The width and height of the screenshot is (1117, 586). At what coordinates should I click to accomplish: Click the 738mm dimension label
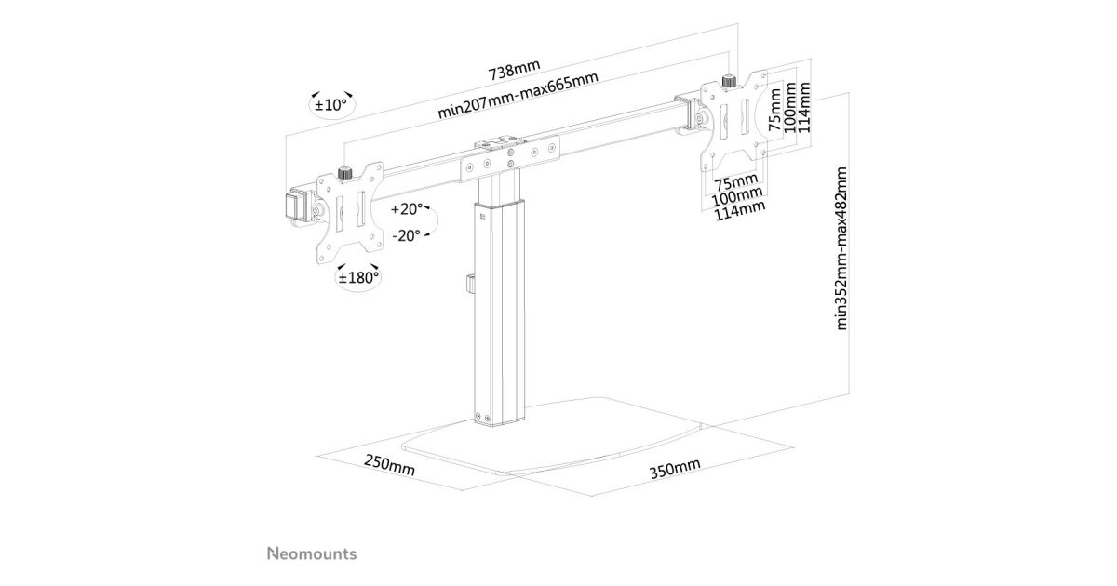[x=514, y=70]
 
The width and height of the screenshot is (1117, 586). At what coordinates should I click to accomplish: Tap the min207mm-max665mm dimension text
[x=518, y=95]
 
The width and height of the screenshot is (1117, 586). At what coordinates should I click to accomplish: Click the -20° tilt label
[x=406, y=235]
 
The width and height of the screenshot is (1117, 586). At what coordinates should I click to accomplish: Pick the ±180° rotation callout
[x=358, y=277]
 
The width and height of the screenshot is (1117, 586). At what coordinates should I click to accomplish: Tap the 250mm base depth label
[x=389, y=465]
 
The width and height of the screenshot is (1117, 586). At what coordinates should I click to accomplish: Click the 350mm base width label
[x=675, y=469]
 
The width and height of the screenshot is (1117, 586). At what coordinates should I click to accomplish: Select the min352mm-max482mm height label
[x=841, y=248]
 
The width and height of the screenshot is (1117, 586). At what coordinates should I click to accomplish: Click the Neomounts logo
[x=312, y=553]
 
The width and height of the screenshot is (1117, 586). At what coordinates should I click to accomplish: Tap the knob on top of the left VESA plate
[x=344, y=173]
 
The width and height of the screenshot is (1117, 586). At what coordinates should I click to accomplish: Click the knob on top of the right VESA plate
[x=729, y=81]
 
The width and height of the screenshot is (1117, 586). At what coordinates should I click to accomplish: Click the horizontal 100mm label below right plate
[x=737, y=196]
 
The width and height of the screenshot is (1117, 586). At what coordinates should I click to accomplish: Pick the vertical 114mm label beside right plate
[x=804, y=107]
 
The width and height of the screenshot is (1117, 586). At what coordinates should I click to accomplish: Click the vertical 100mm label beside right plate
[x=790, y=107]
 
